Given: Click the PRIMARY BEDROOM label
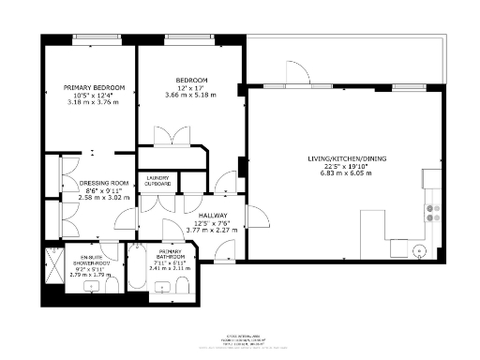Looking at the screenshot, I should point(94,87).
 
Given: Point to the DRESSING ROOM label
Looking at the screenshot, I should point(103,183).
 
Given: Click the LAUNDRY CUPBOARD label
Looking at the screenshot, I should point(157,181).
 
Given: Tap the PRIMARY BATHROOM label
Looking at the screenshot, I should point(171,254).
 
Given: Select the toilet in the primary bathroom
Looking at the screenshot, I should point(185,287).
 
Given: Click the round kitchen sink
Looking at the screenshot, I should point(419,250).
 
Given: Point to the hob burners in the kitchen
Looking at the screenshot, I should point(433,214).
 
